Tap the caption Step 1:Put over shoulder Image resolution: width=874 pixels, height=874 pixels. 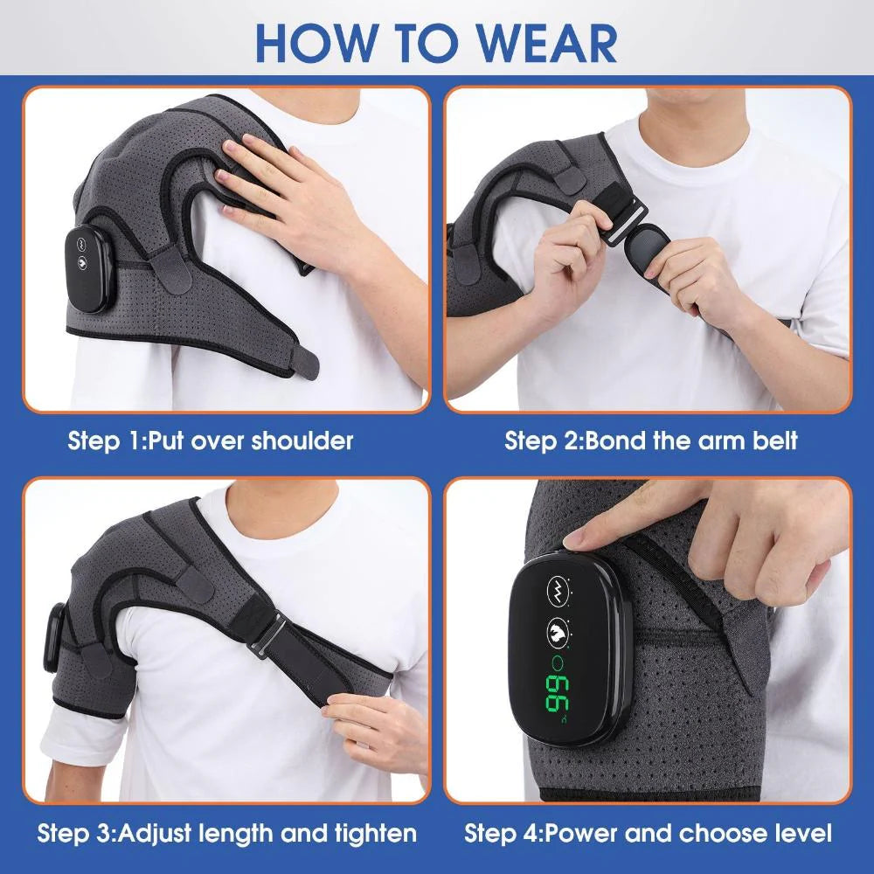211,440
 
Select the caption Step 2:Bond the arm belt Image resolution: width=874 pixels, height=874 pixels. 651,440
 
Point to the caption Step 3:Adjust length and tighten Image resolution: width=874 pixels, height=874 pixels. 227,831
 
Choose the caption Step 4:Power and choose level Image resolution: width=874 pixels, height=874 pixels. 648,831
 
